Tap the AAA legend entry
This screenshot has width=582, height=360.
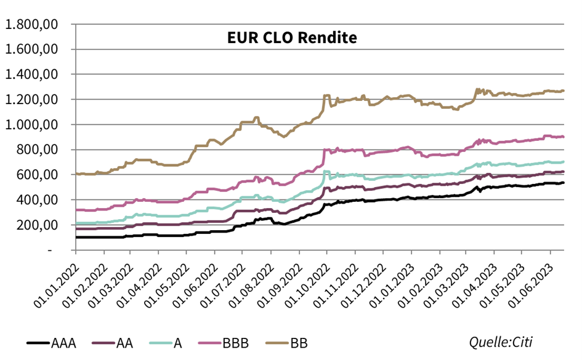63,343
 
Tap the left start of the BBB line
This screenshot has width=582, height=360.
76,210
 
